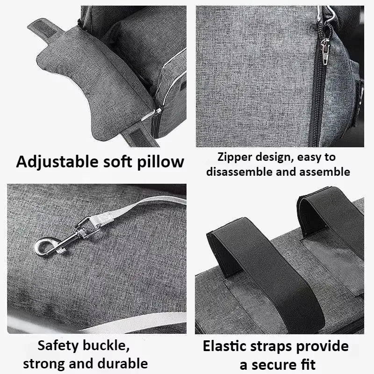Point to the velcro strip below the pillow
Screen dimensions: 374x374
[x=139, y=137]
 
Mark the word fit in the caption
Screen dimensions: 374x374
[x=307, y=364]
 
